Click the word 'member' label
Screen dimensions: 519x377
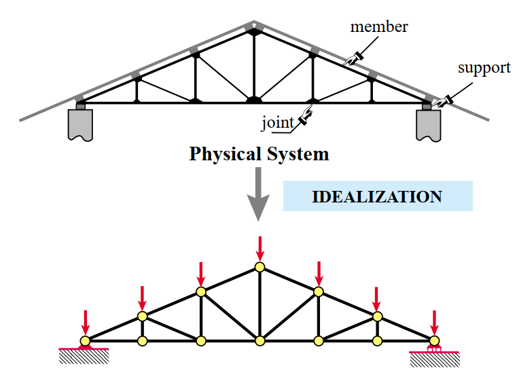379,26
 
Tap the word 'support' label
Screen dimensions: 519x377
484,69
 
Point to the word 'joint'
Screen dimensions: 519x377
277,123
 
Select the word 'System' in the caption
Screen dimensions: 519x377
298,155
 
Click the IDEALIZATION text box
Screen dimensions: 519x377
378,196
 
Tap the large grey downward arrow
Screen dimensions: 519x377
258,194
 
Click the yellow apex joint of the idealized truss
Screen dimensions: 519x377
259,267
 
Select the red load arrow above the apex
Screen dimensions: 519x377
260,249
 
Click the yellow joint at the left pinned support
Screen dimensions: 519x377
85,340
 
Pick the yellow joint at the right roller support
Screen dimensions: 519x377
434,340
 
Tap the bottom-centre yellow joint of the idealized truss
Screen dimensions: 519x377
259,340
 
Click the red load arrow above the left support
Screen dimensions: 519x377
86,323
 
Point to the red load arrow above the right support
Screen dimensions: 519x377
434,323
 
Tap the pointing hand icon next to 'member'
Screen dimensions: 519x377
353,59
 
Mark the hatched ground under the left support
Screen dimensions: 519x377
84,357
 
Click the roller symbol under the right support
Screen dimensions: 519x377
434,348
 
